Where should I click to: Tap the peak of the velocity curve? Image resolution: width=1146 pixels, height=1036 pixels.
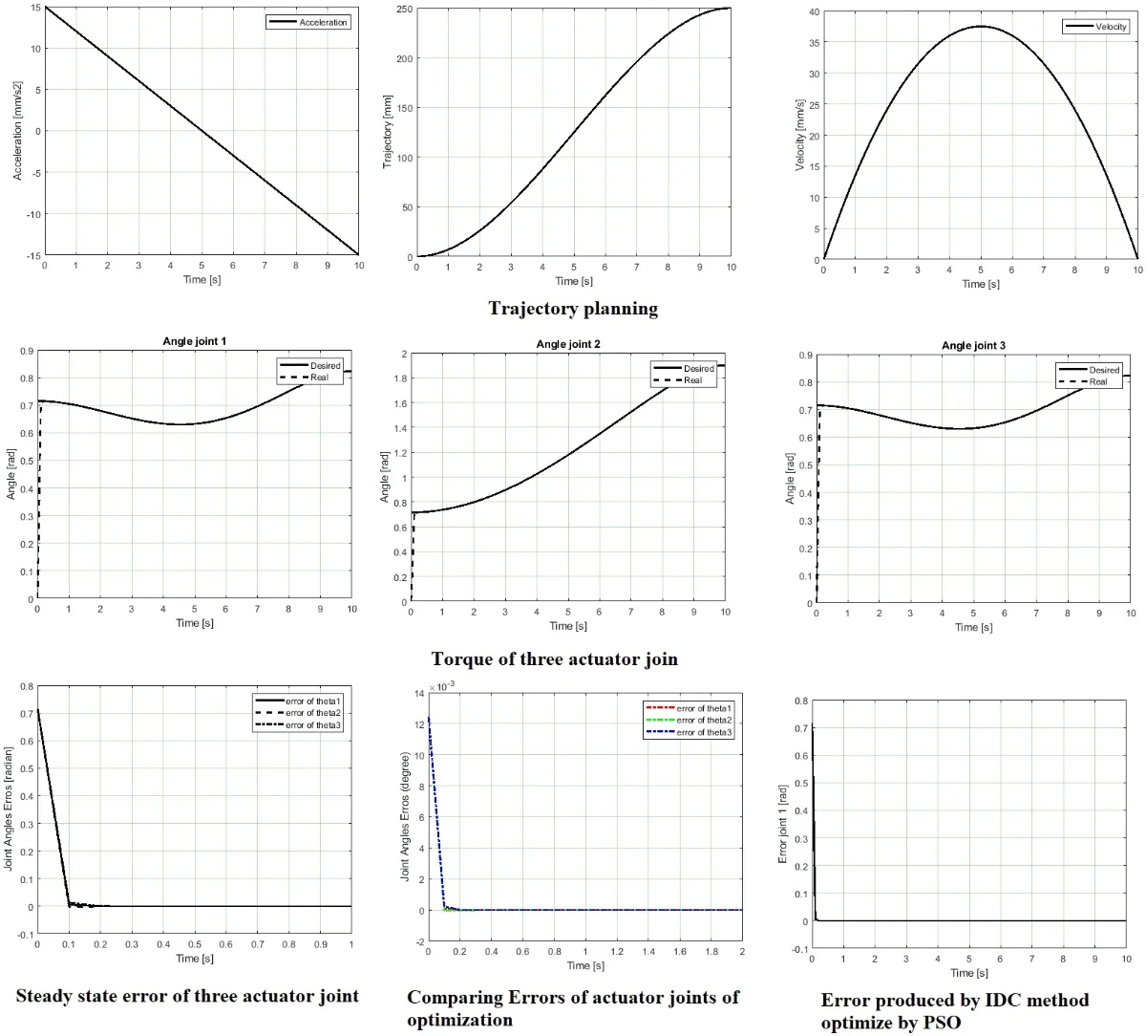point(981,27)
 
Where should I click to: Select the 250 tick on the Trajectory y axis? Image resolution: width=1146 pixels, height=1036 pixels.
point(403,9)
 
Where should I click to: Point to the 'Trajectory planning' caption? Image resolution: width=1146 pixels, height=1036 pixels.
point(573,308)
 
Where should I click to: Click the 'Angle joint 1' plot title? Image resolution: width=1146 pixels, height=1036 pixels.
point(195,341)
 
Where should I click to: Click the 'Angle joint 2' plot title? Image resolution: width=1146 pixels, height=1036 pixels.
point(568,344)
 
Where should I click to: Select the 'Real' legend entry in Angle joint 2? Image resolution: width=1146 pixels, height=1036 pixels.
point(692,380)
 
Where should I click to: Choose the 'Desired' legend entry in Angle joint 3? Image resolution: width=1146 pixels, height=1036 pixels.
point(1104,370)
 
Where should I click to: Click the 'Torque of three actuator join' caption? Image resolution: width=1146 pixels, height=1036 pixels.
point(554,658)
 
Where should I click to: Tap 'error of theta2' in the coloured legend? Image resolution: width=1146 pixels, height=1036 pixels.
point(704,720)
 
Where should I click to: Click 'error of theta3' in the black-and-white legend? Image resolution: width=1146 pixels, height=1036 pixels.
point(313,725)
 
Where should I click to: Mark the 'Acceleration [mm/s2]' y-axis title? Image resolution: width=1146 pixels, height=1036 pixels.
point(18,130)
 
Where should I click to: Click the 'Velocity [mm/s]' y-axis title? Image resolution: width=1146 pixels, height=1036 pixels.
point(800,137)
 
